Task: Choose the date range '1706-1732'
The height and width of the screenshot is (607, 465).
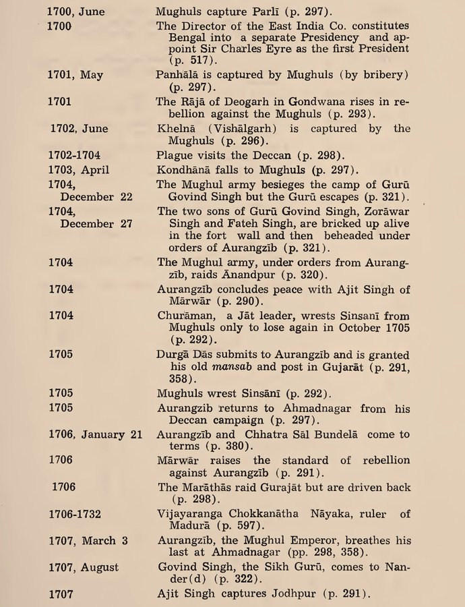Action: pyautogui.click(x=74, y=514)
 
